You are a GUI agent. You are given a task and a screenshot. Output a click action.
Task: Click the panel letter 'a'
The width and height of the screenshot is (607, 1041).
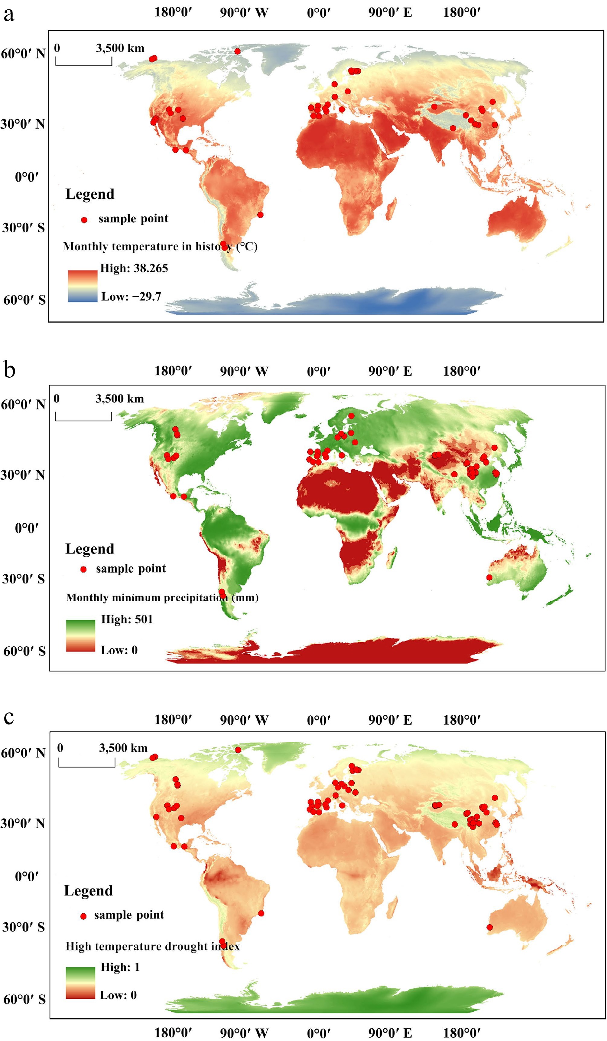pyautogui.click(x=9, y=15)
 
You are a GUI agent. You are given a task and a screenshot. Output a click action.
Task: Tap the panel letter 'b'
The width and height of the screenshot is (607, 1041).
pyautogui.click(x=9, y=369)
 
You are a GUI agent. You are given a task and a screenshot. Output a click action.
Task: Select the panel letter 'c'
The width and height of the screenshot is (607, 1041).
pyautogui.click(x=9, y=717)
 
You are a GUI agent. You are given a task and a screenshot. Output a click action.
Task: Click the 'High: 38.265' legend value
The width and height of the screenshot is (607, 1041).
pyautogui.click(x=134, y=268)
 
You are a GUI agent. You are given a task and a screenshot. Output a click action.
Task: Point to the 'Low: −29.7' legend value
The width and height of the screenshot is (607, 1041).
pyautogui.click(x=131, y=297)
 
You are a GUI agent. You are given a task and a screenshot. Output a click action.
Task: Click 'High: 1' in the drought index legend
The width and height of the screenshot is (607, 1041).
pyautogui.click(x=120, y=967)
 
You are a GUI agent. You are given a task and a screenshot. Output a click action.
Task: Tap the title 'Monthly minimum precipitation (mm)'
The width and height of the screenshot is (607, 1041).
pyautogui.click(x=162, y=598)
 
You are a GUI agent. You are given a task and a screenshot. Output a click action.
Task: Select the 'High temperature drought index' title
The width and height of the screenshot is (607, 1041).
pyautogui.click(x=153, y=946)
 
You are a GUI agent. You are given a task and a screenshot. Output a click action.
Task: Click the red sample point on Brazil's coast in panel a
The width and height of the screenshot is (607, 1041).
pyautogui.click(x=260, y=214)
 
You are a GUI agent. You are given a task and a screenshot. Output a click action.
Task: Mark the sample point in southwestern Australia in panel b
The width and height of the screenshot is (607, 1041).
pyautogui.click(x=489, y=577)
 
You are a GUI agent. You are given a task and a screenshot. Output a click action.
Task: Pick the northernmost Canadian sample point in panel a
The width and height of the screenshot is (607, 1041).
pyautogui.click(x=237, y=51)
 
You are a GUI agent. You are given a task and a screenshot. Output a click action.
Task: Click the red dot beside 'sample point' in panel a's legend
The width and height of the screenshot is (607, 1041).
pyautogui.click(x=84, y=220)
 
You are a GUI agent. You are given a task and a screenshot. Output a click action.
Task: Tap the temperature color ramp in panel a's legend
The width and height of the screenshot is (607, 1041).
pyautogui.click(x=83, y=286)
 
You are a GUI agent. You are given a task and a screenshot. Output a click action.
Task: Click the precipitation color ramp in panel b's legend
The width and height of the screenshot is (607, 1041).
pyautogui.click(x=80, y=636)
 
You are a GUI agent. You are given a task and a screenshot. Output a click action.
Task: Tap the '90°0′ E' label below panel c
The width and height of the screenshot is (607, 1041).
pyautogui.click(x=390, y=1033)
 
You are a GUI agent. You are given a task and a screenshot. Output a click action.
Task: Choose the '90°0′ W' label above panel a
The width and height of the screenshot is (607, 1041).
pyautogui.click(x=244, y=12)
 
